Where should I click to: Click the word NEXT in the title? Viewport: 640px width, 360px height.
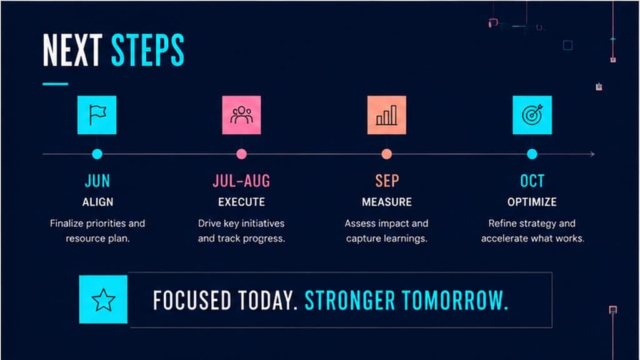(x=72, y=50)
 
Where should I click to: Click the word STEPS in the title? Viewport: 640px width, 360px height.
(x=147, y=50)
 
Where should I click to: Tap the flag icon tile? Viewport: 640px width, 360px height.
(x=97, y=115)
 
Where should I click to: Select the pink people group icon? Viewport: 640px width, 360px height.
(x=242, y=115)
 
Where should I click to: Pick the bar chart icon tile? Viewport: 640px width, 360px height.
(x=386, y=115)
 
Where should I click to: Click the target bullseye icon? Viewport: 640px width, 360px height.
(x=532, y=115)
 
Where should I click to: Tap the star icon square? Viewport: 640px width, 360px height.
(x=103, y=299)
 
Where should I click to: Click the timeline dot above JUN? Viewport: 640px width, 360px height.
(x=97, y=154)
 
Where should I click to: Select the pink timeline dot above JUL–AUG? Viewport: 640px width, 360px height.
(x=242, y=154)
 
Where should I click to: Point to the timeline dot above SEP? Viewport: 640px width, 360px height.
(x=386, y=154)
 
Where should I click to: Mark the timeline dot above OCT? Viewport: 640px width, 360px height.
(x=532, y=154)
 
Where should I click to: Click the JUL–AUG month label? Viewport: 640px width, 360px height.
(x=242, y=181)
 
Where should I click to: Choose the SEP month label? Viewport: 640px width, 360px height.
(x=387, y=181)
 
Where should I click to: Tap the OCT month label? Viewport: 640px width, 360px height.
(x=532, y=181)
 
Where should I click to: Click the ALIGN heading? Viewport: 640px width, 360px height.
(x=97, y=202)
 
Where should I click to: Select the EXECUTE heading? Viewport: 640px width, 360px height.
(x=242, y=202)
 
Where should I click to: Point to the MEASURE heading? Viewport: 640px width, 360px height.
(x=387, y=202)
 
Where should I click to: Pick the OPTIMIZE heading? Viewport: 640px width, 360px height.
(x=532, y=202)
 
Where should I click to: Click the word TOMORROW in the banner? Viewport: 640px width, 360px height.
(x=455, y=301)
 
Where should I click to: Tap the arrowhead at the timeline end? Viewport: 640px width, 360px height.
(x=592, y=154)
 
